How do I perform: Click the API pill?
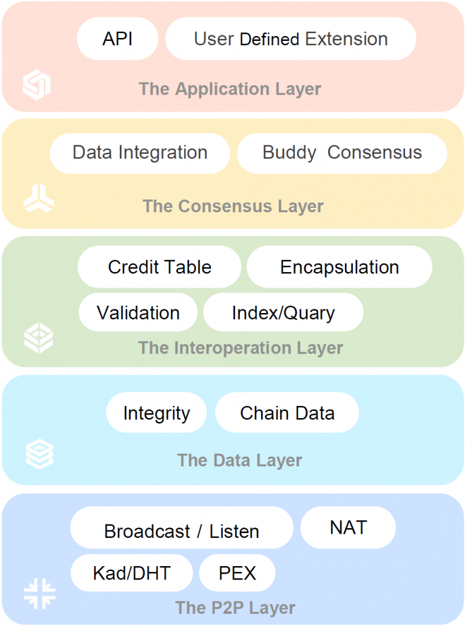click(x=117, y=39)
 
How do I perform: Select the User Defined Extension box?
click(x=291, y=39)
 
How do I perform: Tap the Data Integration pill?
click(x=140, y=153)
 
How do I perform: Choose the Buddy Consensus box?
click(x=342, y=153)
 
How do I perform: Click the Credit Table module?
click(x=160, y=267)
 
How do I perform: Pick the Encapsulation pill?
click(x=340, y=267)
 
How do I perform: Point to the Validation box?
click(x=138, y=312)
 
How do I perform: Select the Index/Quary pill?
click(x=283, y=312)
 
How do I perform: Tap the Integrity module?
click(x=157, y=413)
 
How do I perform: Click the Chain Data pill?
click(x=287, y=413)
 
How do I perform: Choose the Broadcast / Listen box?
click(x=182, y=528)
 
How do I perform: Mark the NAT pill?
click(x=348, y=528)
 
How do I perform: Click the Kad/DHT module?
click(x=132, y=573)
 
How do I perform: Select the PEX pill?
click(x=237, y=573)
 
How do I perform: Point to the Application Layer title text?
click(x=229, y=89)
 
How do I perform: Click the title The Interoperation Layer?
click(x=240, y=348)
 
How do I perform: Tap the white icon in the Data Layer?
click(x=40, y=454)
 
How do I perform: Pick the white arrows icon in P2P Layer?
click(x=40, y=594)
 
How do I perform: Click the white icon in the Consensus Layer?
click(x=39, y=197)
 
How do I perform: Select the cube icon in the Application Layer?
click(x=37, y=84)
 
